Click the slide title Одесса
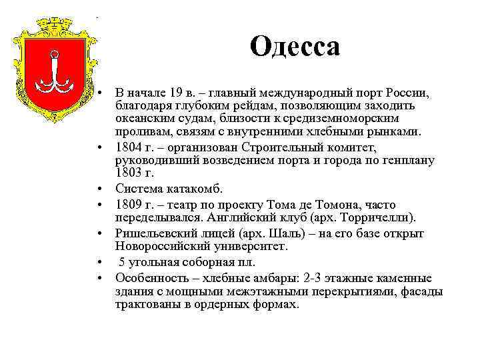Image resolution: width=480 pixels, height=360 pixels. (295, 47)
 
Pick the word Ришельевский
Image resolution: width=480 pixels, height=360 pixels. (154, 233)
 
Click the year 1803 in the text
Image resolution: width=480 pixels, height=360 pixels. (129, 173)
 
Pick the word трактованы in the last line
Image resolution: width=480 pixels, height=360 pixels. (147, 303)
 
